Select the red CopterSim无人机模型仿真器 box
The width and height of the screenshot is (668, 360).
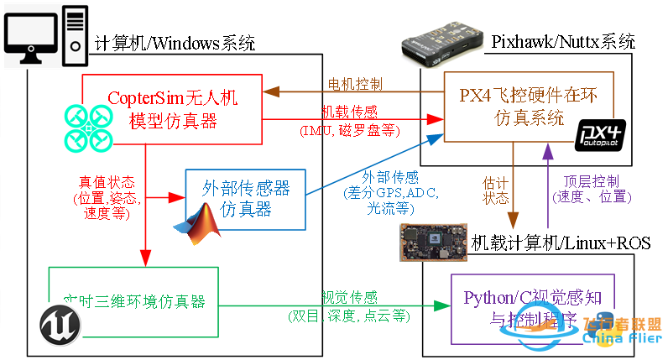pyautogui.click(x=172, y=110)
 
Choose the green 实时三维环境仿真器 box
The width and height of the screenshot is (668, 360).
pyautogui.click(x=134, y=300)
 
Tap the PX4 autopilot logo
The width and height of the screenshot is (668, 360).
pyautogui.click(x=599, y=135)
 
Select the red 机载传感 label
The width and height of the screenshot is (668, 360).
pyautogui.click(x=350, y=112)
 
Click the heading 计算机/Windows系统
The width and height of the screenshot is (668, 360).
pyautogui.click(x=175, y=43)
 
